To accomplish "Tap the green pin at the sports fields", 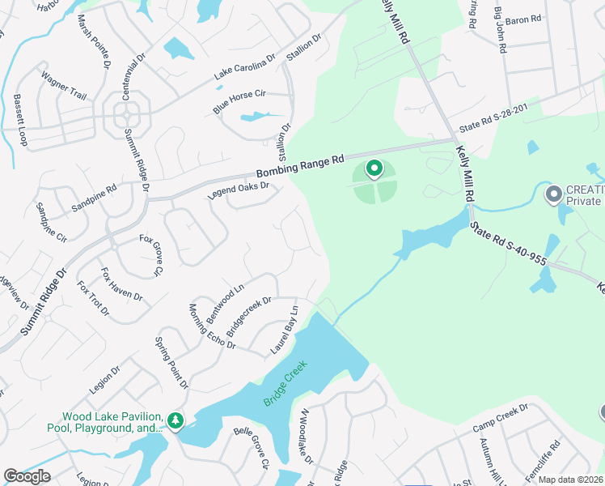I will pyautogui.click(x=374, y=168).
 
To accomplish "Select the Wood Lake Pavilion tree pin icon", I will pyautogui.click(x=175, y=420).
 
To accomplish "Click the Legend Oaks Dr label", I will pyautogui.click(x=239, y=190).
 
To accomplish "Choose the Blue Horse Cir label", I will pyautogui.click(x=239, y=102).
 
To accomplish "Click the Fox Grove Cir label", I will pyautogui.click(x=151, y=254).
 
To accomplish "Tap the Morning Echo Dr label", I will pyautogui.click(x=212, y=326).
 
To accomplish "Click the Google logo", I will pyautogui.click(x=27, y=476).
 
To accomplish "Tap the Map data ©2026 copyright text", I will pyautogui.click(x=570, y=480).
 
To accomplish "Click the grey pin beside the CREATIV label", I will pyautogui.click(x=554, y=194).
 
